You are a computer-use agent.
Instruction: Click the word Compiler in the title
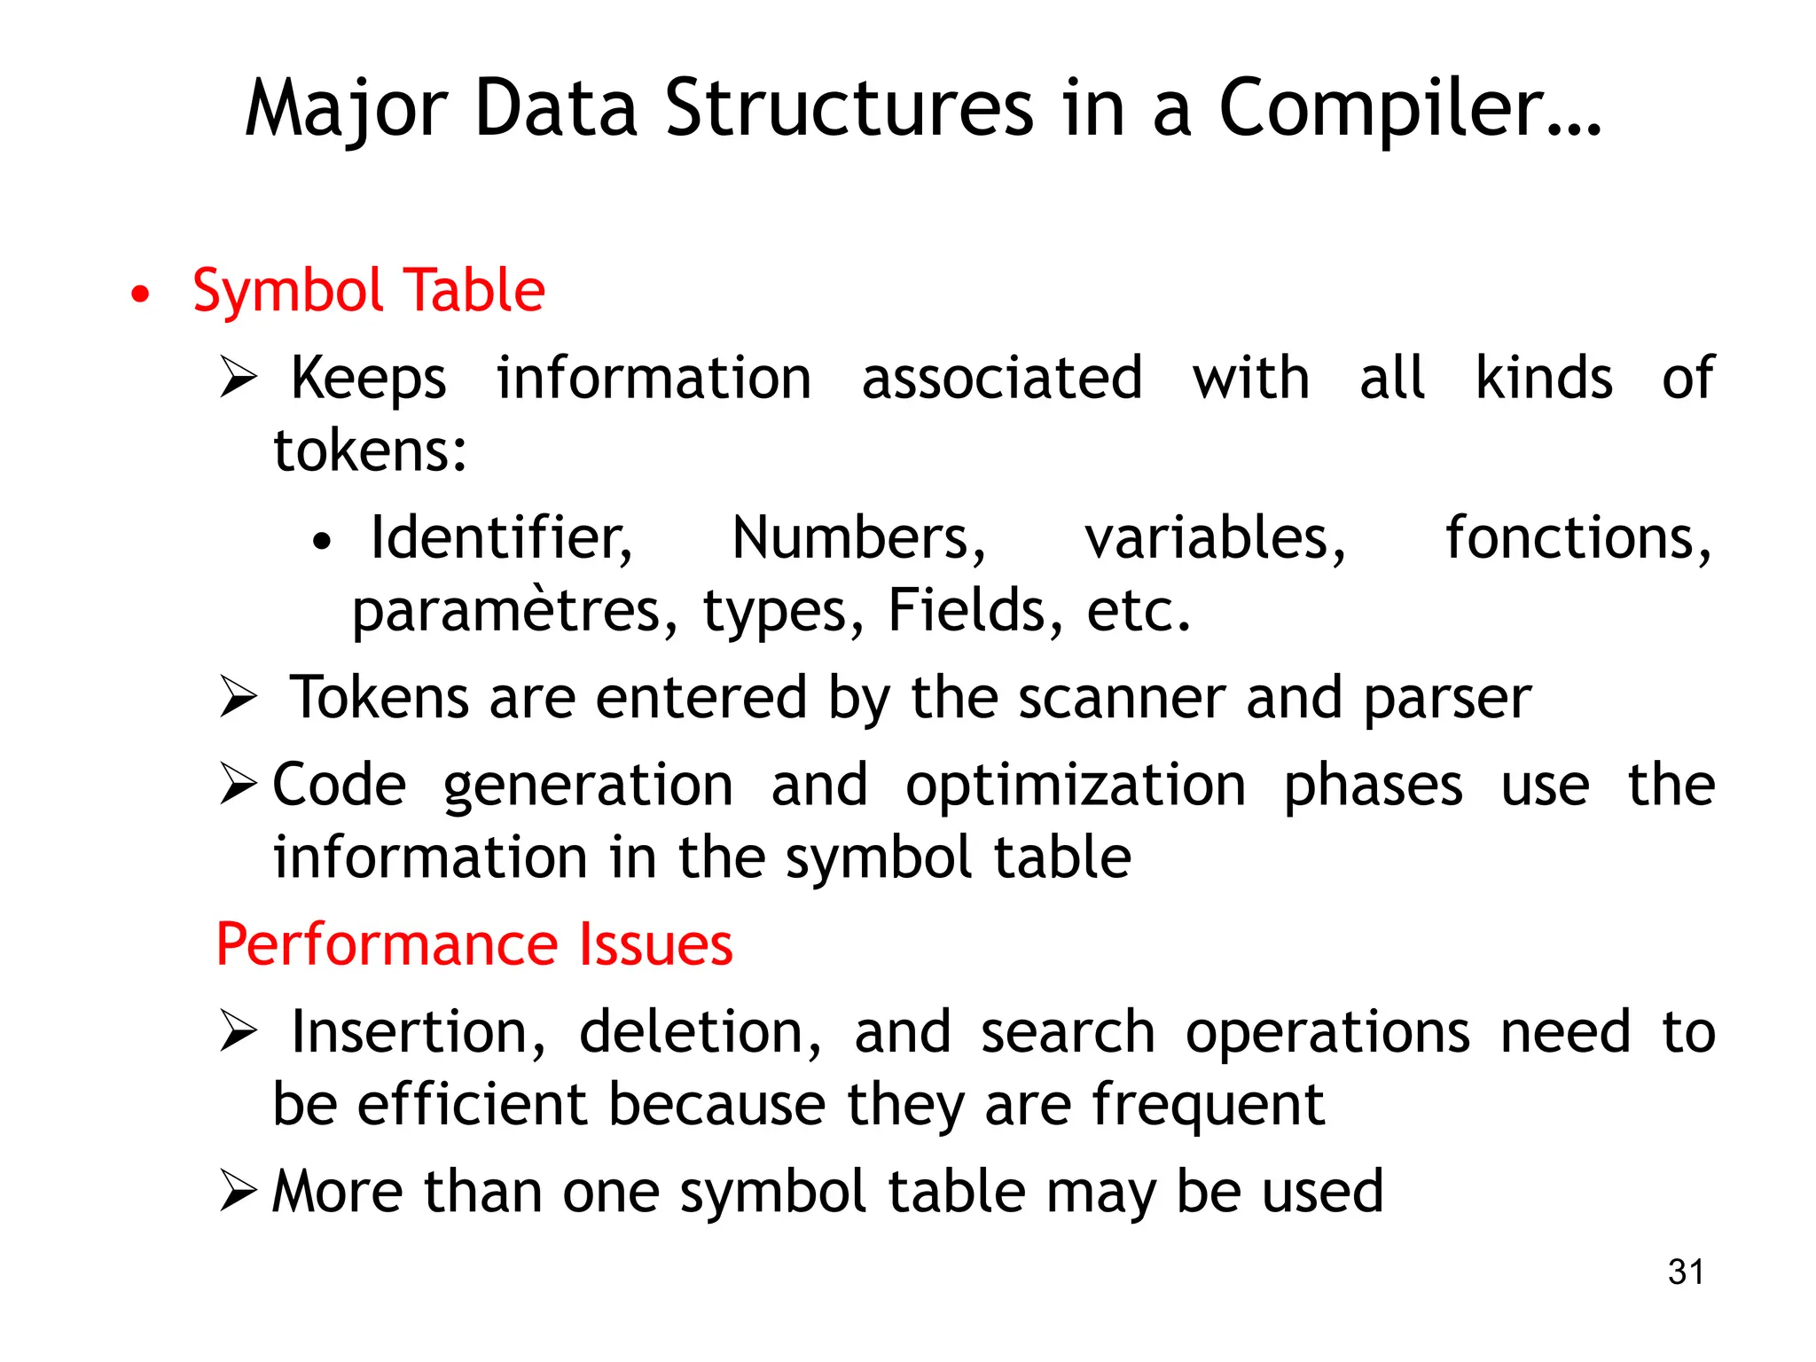(x=1410, y=108)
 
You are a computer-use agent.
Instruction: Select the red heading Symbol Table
(x=368, y=291)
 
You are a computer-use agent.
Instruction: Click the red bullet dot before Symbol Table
(x=140, y=294)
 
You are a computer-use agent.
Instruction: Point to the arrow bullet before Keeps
(x=238, y=378)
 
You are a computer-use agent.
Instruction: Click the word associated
(x=1002, y=379)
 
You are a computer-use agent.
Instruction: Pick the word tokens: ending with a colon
(x=370, y=450)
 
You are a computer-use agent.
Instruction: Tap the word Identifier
(x=501, y=538)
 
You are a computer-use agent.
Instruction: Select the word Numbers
(x=858, y=538)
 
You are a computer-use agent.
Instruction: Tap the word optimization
(x=1076, y=786)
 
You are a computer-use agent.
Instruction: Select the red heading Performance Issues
(x=474, y=944)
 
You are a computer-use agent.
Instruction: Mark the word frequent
(x=1208, y=1106)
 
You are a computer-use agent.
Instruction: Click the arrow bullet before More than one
(x=238, y=1191)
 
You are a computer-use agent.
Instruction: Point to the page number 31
(x=1686, y=1272)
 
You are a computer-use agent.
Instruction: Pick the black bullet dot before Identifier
(x=322, y=541)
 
